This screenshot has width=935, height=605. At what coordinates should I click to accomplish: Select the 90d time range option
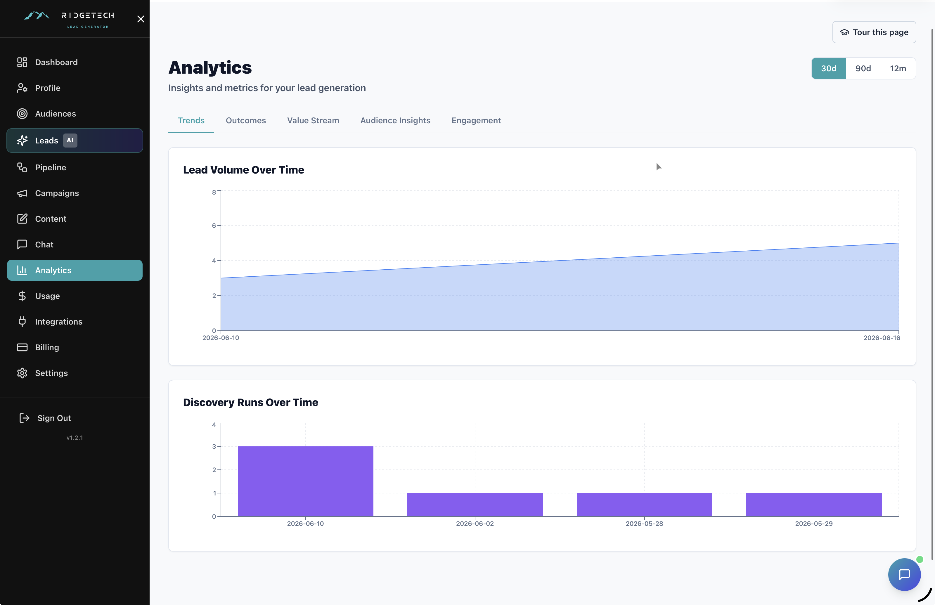pyautogui.click(x=863, y=68)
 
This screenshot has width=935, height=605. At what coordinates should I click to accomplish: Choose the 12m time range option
pyautogui.click(x=898, y=68)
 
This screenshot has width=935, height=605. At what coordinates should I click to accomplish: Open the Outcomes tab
pyautogui.click(x=245, y=120)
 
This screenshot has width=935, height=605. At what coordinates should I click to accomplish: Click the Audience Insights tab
pyautogui.click(x=395, y=120)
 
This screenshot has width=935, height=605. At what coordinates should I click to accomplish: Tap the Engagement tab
pyautogui.click(x=476, y=120)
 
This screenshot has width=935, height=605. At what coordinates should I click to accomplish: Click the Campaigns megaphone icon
pyautogui.click(x=22, y=193)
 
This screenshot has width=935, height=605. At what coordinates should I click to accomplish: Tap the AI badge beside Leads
pyautogui.click(x=70, y=140)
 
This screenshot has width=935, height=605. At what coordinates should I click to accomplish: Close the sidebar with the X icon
pyautogui.click(x=141, y=19)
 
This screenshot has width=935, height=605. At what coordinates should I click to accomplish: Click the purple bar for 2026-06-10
pyautogui.click(x=305, y=481)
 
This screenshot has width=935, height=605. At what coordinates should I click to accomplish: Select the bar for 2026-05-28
pyautogui.click(x=644, y=505)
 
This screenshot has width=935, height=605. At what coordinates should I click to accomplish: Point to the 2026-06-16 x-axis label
pyautogui.click(x=882, y=338)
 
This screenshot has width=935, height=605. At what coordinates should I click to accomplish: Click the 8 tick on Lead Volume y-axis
pyautogui.click(x=214, y=192)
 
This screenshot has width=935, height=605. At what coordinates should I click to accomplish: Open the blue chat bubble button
pyautogui.click(x=904, y=574)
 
